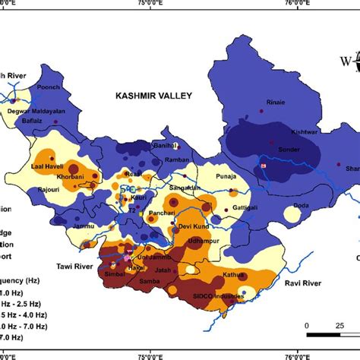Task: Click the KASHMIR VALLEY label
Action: [x=155, y=96]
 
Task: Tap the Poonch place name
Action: [x=49, y=87]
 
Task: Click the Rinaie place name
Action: [x=276, y=103]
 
